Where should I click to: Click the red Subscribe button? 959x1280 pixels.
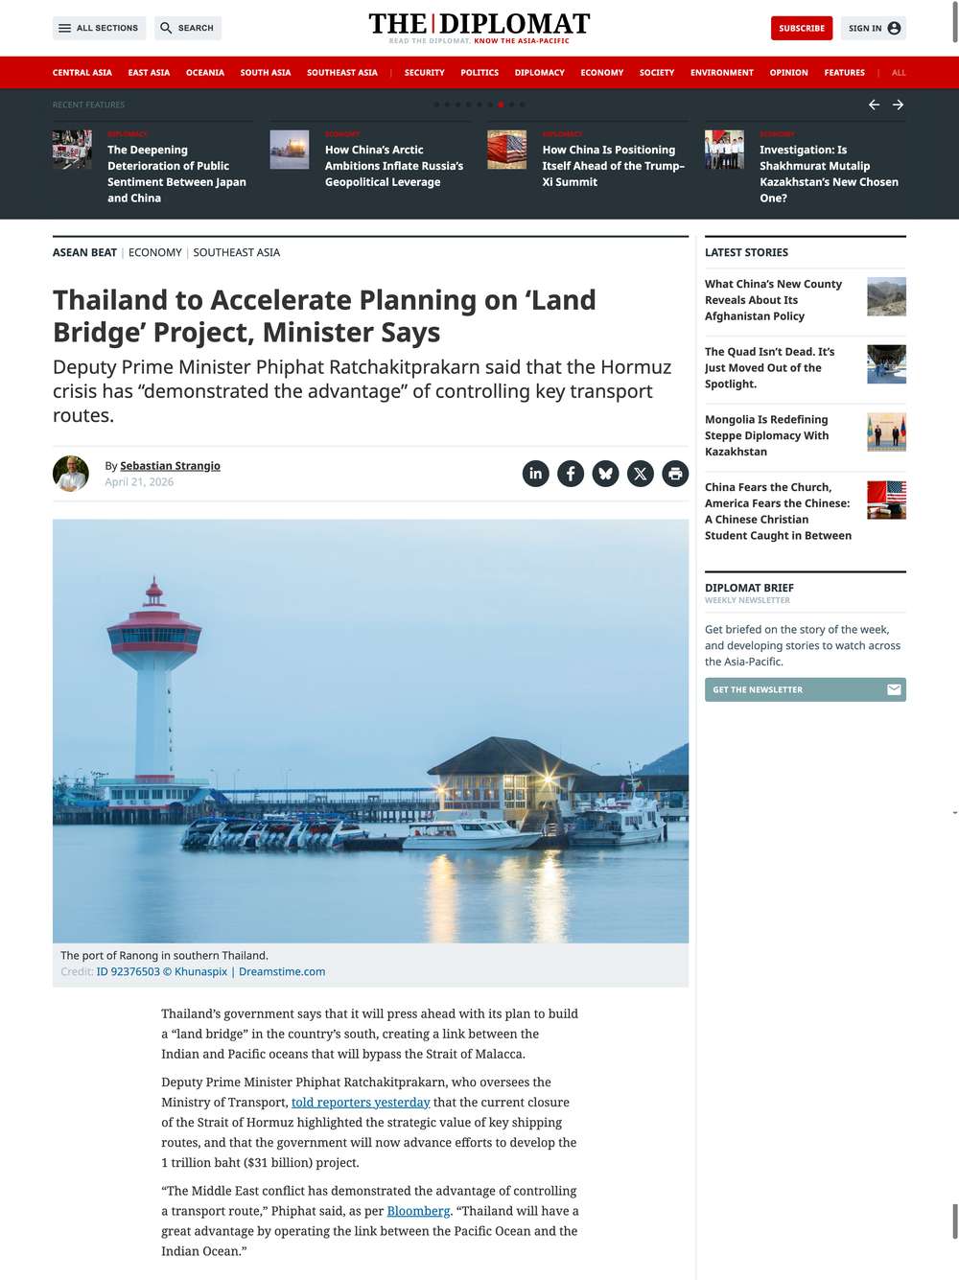coord(801,29)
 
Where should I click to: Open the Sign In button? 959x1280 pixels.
coord(873,29)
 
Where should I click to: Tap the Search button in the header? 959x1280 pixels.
coord(187,29)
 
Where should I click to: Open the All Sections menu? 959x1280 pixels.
coord(99,29)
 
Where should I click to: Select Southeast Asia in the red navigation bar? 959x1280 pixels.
coord(341,73)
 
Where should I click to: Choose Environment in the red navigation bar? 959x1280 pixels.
coord(721,73)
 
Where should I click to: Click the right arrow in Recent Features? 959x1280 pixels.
coord(898,105)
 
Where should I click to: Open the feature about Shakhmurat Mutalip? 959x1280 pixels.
coord(829,174)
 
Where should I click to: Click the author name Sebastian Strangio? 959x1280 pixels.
coord(170,466)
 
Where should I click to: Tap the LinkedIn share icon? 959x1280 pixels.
coord(535,474)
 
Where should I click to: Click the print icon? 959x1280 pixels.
coord(675,474)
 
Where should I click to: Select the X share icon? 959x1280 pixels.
coord(640,474)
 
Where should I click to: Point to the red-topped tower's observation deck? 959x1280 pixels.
coord(154,635)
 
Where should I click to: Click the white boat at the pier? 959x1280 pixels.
coord(470,830)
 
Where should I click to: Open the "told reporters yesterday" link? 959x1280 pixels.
coord(361,1103)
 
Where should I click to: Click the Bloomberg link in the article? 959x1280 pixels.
coord(418,1211)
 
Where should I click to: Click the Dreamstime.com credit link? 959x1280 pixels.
coord(282,972)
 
